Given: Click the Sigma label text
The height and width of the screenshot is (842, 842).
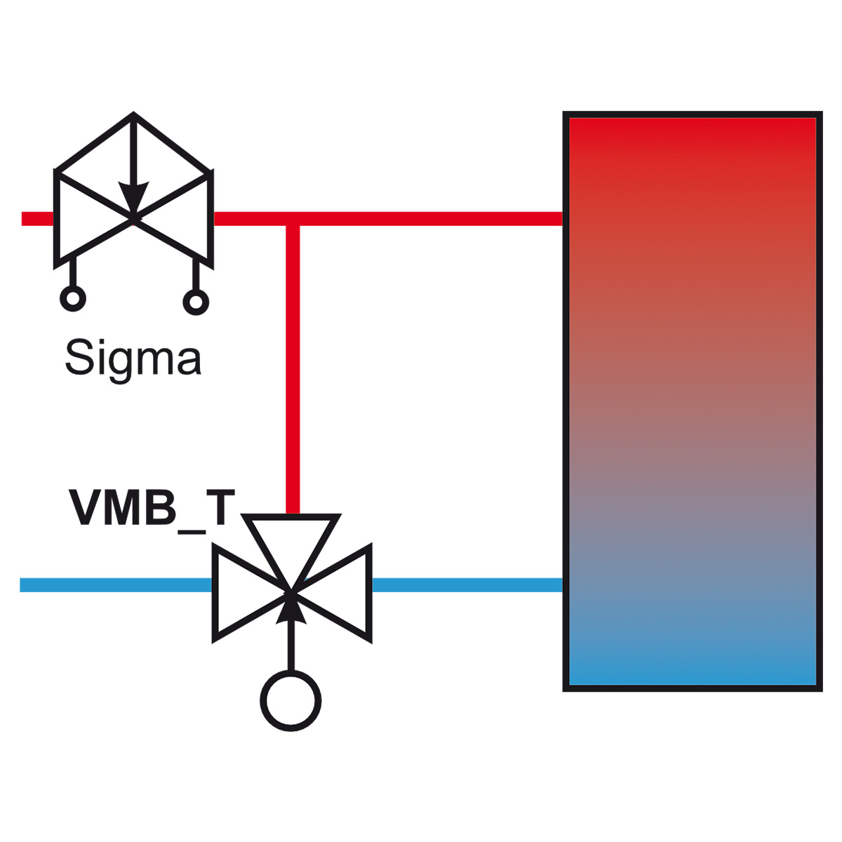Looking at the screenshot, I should click(x=133, y=359).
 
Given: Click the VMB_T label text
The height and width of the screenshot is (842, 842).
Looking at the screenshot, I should click(x=147, y=507).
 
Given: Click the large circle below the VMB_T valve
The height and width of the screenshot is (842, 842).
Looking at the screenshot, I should click(x=290, y=700).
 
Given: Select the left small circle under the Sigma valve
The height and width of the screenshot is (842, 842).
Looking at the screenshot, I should click(x=72, y=299).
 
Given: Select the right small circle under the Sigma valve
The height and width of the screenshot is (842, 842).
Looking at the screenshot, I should click(x=196, y=302).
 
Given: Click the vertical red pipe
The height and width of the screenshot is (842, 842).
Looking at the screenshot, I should click(x=293, y=365).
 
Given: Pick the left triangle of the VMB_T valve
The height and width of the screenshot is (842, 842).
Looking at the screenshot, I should click(x=242, y=593).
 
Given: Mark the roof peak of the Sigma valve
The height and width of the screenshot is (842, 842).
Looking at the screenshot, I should click(x=133, y=116).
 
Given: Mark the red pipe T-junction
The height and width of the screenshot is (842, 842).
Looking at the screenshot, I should click(x=293, y=220).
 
